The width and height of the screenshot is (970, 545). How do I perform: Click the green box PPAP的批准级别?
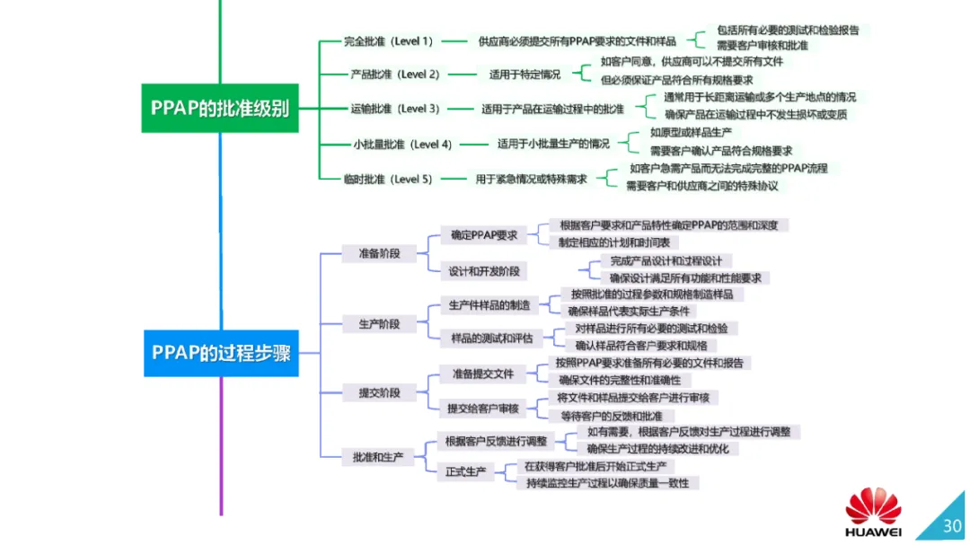click(x=219, y=109)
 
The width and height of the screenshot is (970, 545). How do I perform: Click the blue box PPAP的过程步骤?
click(x=221, y=352)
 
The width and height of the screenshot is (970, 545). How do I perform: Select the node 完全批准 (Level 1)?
click(x=389, y=41)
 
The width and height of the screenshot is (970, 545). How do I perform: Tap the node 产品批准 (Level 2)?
click(x=394, y=75)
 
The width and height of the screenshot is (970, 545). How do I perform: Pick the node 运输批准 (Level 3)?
click(x=394, y=109)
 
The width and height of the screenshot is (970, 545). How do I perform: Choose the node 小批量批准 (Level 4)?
click(x=401, y=144)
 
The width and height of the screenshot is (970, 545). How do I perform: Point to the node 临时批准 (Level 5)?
click(x=388, y=179)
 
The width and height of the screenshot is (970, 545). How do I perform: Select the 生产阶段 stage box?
click(x=379, y=323)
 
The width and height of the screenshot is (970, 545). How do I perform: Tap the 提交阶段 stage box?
click(x=379, y=392)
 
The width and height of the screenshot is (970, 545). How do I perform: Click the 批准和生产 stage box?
click(x=378, y=457)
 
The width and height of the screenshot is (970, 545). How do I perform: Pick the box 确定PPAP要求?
click(x=484, y=236)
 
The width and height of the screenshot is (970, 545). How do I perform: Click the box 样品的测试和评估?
click(x=491, y=338)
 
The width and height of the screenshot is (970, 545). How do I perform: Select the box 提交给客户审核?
click(x=483, y=409)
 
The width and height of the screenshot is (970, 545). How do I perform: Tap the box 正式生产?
click(x=466, y=471)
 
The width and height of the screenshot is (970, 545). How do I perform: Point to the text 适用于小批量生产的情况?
click(x=553, y=144)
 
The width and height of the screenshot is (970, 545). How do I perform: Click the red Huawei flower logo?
click(x=873, y=507)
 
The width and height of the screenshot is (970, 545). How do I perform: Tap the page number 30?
click(x=951, y=526)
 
